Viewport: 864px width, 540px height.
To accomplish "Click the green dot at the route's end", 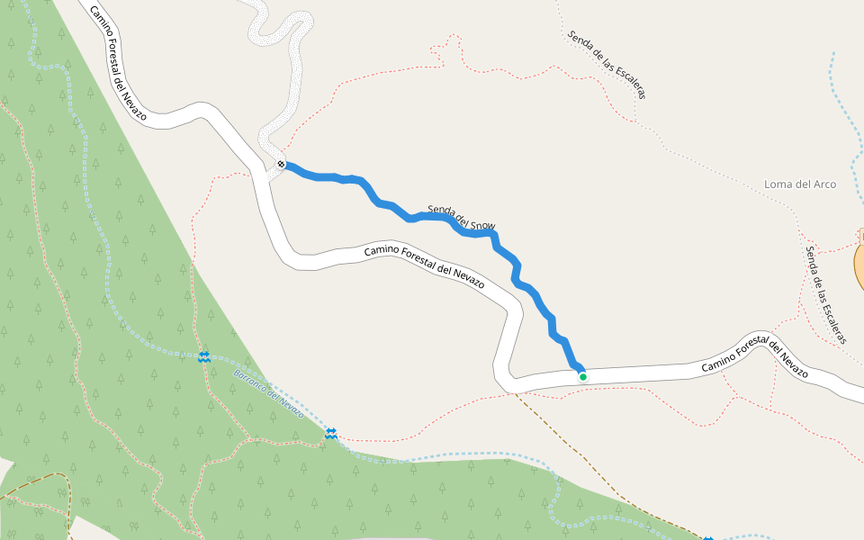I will (583, 377).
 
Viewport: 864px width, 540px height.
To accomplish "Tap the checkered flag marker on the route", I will (282, 165).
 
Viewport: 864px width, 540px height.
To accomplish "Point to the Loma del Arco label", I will (799, 184).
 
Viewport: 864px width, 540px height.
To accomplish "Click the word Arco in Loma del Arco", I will (821, 184).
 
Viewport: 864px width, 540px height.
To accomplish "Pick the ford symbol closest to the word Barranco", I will (205, 357).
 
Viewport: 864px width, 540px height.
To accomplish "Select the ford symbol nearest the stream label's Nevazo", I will (330, 435).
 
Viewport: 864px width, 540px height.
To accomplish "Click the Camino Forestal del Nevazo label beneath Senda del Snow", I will (424, 265).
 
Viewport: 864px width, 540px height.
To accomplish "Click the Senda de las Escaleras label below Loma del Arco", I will (826, 295).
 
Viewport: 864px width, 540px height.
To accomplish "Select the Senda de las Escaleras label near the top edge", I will (607, 63).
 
